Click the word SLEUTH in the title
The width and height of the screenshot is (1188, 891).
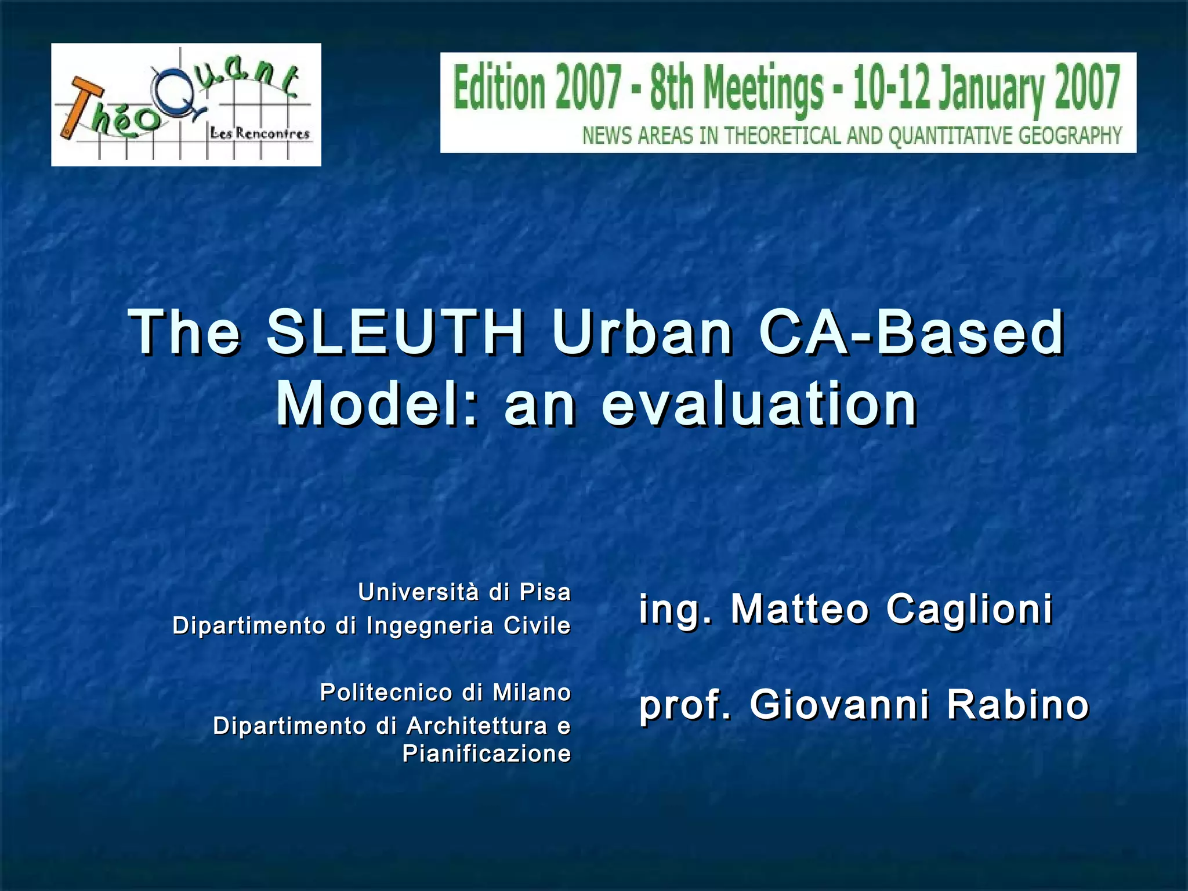[x=396, y=332]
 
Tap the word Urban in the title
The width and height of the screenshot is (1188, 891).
[x=642, y=332]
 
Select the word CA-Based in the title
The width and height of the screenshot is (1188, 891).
[x=911, y=332]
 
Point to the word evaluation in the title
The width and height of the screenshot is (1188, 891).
[x=759, y=404]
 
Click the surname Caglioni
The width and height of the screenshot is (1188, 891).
[x=969, y=609]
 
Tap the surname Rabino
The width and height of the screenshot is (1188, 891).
[x=1018, y=705]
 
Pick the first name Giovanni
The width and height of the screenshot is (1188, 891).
[x=839, y=705]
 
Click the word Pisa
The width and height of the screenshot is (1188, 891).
[x=545, y=592]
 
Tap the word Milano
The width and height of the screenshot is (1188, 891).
[x=532, y=692]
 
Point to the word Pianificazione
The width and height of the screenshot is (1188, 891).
[x=487, y=754]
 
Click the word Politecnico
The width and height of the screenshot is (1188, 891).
[x=386, y=692]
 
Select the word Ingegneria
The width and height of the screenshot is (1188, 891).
[x=430, y=626]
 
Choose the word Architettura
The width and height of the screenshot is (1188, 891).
[x=477, y=726]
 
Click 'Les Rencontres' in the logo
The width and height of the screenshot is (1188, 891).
[x=260, y=134]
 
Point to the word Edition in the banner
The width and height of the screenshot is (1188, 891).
[x=499, y=88]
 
